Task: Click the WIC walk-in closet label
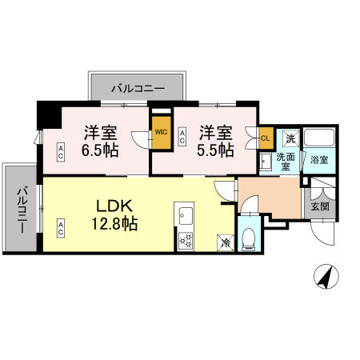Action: pyautogui.click(x=161, y=132)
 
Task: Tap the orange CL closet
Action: pyautogui.click(x=266, y=138)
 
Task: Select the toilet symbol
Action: pyautogui.click(x=250, y=239)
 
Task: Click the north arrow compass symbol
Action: pyautogui.click(x=326, y=277)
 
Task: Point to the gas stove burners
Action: pyautogui.click(x=186, y=242)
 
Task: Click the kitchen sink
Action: pyautogui.click(x=186, y=216)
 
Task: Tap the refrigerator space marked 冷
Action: pyautogui.click(x=226, y=242)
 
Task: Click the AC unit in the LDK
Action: pyautogui.click(x=61, y=228)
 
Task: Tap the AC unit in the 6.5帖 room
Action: pyautogui.click(x=61, y=152)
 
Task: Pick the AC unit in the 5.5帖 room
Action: pyautogui.click(x=182, y=137)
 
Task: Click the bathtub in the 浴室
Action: pyautogui.click(x=319, y=138)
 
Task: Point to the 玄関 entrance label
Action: pyautogui.click(x=320, y=206)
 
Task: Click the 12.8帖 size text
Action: pyautogui.click(x=114, y=224)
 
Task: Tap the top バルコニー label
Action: pyautogui.click(x=138, y=88)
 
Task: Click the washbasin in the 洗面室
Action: pyautogui.click(x=266, y=162)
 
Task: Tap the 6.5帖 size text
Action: pyautogui.click(x=100, y=150)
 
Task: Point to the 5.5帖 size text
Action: pyautogui.click(x=215, y=150)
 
